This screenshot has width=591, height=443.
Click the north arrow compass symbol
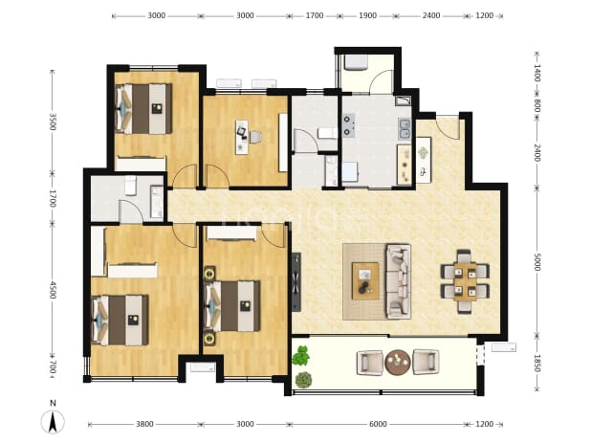[x=53, y=422]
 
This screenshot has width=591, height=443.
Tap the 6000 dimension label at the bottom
[x=378, y=424]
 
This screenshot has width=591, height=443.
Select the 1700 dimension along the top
[x=315, y=15]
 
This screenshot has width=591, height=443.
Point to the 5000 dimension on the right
[x=537, y=261]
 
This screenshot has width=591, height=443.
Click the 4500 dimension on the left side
[x=53, y=290]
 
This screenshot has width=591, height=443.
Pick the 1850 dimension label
[x=537, y=363]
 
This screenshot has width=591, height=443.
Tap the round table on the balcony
[x=398, y=362]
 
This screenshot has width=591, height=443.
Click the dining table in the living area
[x=465, y=282]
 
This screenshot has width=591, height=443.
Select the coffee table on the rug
[x=365, y=281]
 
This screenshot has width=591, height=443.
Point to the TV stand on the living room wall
[x=296, y=282]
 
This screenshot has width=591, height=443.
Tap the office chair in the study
[x=254, y=137]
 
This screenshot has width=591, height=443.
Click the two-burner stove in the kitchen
[x=349, y=125]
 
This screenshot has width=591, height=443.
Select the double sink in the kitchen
[x=405, y=129]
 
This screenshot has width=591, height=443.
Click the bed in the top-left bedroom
[x=143, y=108]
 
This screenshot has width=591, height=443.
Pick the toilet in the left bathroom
[x=131, y=186]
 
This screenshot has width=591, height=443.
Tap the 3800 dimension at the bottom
[x=144, y=424]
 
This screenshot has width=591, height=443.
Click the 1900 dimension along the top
[x=367, y=15]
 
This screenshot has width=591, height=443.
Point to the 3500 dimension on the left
[x=53, y=122]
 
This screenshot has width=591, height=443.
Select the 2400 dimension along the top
[x=431, y=15]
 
